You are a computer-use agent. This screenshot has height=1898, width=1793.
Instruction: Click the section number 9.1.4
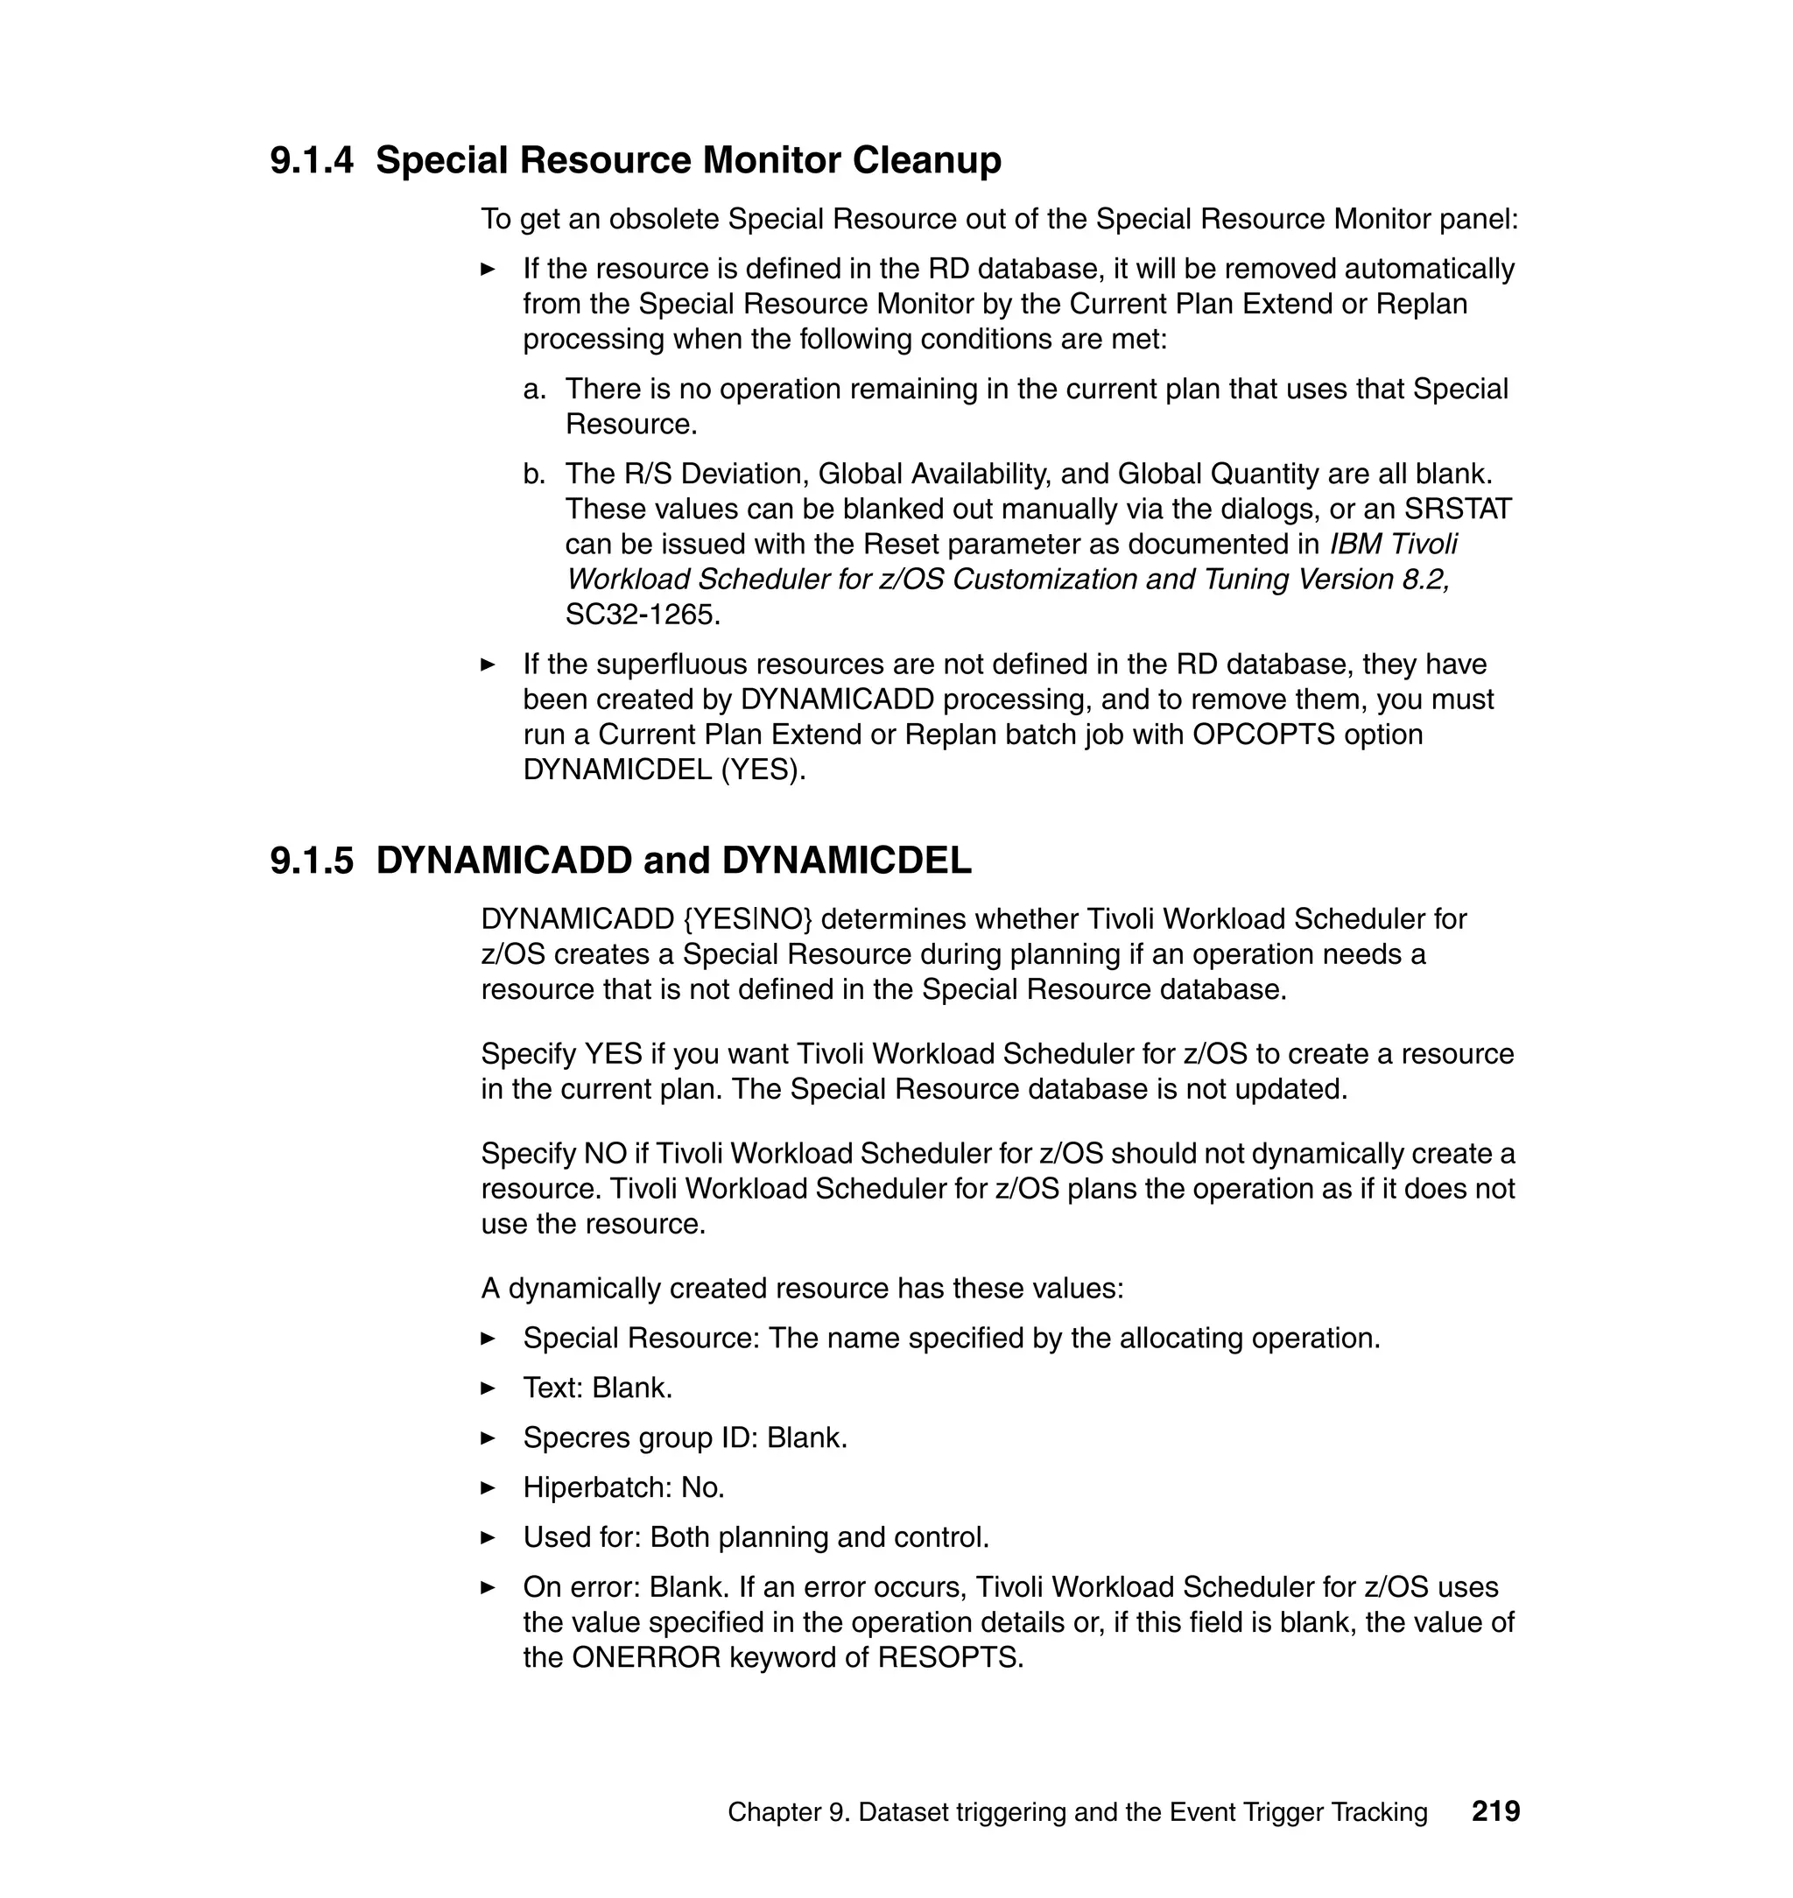[x=311, y=160]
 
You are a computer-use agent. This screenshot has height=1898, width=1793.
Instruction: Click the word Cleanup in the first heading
[x=926, y=160]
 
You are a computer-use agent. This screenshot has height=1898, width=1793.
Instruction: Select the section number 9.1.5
[x=311, y=861]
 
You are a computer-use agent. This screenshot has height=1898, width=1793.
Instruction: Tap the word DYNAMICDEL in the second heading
[x=846, y=861]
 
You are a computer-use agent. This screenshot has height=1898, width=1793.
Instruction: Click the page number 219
[x=1495, y=1811]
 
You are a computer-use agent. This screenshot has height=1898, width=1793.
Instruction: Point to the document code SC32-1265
[x=643, y=615]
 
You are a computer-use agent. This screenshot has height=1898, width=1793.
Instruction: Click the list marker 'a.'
[x=534, y=389]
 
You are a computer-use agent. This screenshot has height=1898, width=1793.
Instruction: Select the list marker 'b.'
[x=534, y=474]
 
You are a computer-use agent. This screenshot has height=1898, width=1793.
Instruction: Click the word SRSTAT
[x=1458, y=510]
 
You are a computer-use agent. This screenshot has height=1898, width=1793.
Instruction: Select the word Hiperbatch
[x=597, y=1488]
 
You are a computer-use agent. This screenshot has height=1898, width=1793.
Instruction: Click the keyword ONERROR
[x=646, y=1657]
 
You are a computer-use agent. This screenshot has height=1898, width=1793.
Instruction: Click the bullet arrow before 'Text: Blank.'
[x=488, y=1388]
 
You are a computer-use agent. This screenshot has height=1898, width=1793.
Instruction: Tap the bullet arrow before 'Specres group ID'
[x=488, y=1438]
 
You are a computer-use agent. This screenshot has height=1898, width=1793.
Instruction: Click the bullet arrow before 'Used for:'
[x=488, y=1537]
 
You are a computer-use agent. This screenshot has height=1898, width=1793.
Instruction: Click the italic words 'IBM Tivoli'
[x=1394, y=545]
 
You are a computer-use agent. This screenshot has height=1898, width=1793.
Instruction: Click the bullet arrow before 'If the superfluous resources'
[x=488, y=664]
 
